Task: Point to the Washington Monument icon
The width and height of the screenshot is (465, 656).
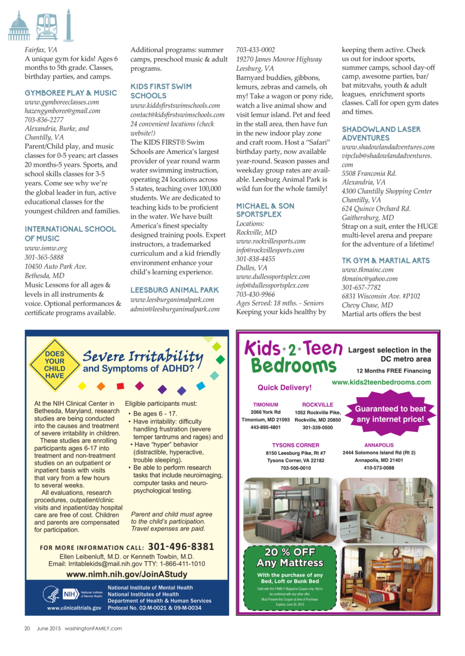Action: point(68,26)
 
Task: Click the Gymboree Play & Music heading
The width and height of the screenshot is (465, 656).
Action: point(71,93)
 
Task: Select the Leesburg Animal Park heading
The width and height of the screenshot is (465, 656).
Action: point(174,290)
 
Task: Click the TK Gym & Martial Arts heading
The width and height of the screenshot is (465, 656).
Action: point(386,260)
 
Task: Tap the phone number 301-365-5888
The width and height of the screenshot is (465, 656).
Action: point(44,257)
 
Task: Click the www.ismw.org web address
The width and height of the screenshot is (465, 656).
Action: point(46,248)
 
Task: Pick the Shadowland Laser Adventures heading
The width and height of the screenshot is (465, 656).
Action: point(381,133)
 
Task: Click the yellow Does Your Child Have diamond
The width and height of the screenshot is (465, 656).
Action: point(54,365)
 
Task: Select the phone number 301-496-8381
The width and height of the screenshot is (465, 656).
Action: point(181,546)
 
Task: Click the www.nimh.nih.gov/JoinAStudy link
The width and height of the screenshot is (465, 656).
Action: point(127,574)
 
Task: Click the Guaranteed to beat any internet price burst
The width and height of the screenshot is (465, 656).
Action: point(390,414)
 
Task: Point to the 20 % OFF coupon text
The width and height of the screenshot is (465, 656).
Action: point(290,552)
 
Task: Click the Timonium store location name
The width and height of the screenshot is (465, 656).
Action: point(265,405)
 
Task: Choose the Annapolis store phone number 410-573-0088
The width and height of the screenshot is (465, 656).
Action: point(379,468)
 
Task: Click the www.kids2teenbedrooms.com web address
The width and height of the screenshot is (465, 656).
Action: point(381,382)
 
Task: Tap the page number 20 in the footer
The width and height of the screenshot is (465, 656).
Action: point(27,628)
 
